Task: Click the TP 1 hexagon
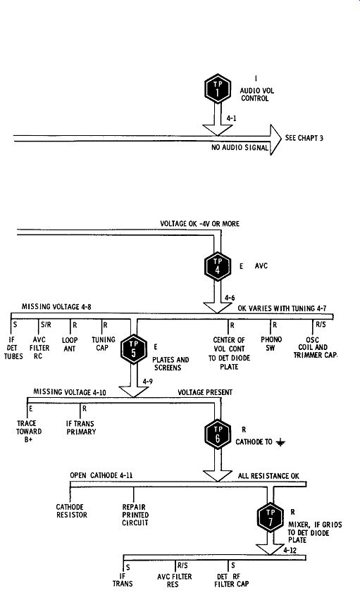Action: [x=218, y=89]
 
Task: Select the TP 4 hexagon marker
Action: [x=218, y=266]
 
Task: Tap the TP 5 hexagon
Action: [x=134, y=349]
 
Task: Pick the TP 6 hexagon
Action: [x=218, y=434]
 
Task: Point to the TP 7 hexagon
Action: [x=271, y=518]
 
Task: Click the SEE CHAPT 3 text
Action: [x=304, y=138]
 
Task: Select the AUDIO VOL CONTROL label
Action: [x=256, y=94]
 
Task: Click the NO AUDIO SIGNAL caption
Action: [x=240, y=147]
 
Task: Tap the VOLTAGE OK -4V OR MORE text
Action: [x=200, y=223]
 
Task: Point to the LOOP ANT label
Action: [x=70, y=344]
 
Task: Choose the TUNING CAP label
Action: [x=104, y=344]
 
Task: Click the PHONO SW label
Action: [x=271, y=344]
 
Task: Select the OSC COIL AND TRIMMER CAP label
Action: [x=315, y=348]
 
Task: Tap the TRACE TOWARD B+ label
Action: [x=29, y=432]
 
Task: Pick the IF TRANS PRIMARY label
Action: [x=81, y=427]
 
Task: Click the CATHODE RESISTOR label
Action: [x=72, y=511]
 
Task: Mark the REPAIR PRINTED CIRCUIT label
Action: [x=135, y=515]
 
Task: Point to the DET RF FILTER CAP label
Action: [x=231, y=580]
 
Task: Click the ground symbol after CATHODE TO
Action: [x=280, y=442]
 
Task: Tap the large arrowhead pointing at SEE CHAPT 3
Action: [x=275, y=139]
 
